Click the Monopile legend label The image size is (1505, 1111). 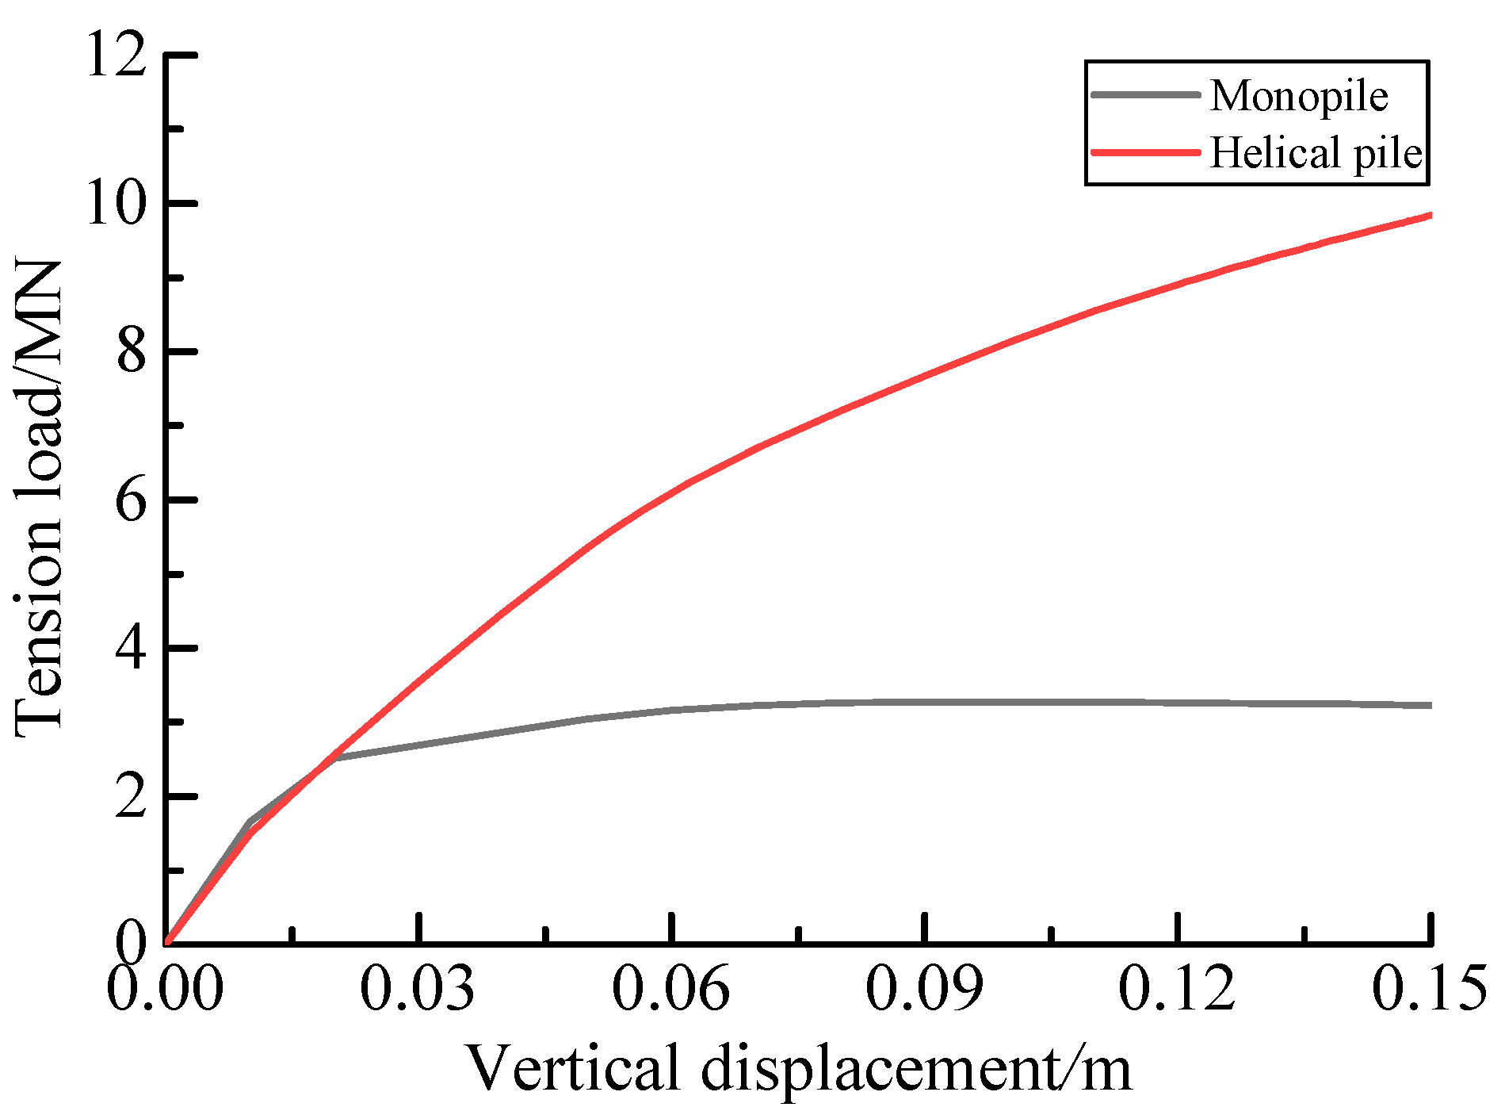point(1298,97)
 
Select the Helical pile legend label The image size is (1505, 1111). point(1316,152)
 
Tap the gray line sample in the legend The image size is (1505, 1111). point(1146,94)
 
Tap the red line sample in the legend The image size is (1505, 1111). point(1146,151)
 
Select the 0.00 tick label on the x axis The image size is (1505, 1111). point(165,988)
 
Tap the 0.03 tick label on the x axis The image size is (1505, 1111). point(418,988)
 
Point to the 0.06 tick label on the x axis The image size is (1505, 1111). point(671,988)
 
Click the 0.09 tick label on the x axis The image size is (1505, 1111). point(924,988)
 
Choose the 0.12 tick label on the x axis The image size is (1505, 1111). point(1178,988)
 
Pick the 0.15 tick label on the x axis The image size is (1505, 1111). point(1429,988)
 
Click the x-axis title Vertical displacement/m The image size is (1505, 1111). point(797,1067)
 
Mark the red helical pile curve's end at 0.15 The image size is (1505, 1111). point(1429,215)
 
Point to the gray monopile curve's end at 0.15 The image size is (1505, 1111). point(1429,705)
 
